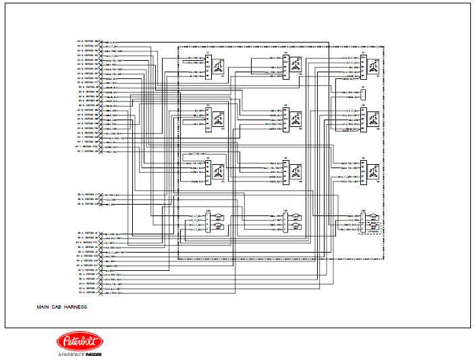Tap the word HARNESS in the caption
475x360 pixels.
77,307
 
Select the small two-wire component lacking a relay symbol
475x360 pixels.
363,95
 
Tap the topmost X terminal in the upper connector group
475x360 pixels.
101,41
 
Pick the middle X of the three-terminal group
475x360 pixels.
101,199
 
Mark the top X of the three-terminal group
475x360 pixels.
101,195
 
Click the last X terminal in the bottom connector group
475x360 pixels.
101,294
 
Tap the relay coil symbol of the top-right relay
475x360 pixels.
373,65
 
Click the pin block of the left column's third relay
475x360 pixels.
208,172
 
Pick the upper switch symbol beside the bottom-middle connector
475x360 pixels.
295,217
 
